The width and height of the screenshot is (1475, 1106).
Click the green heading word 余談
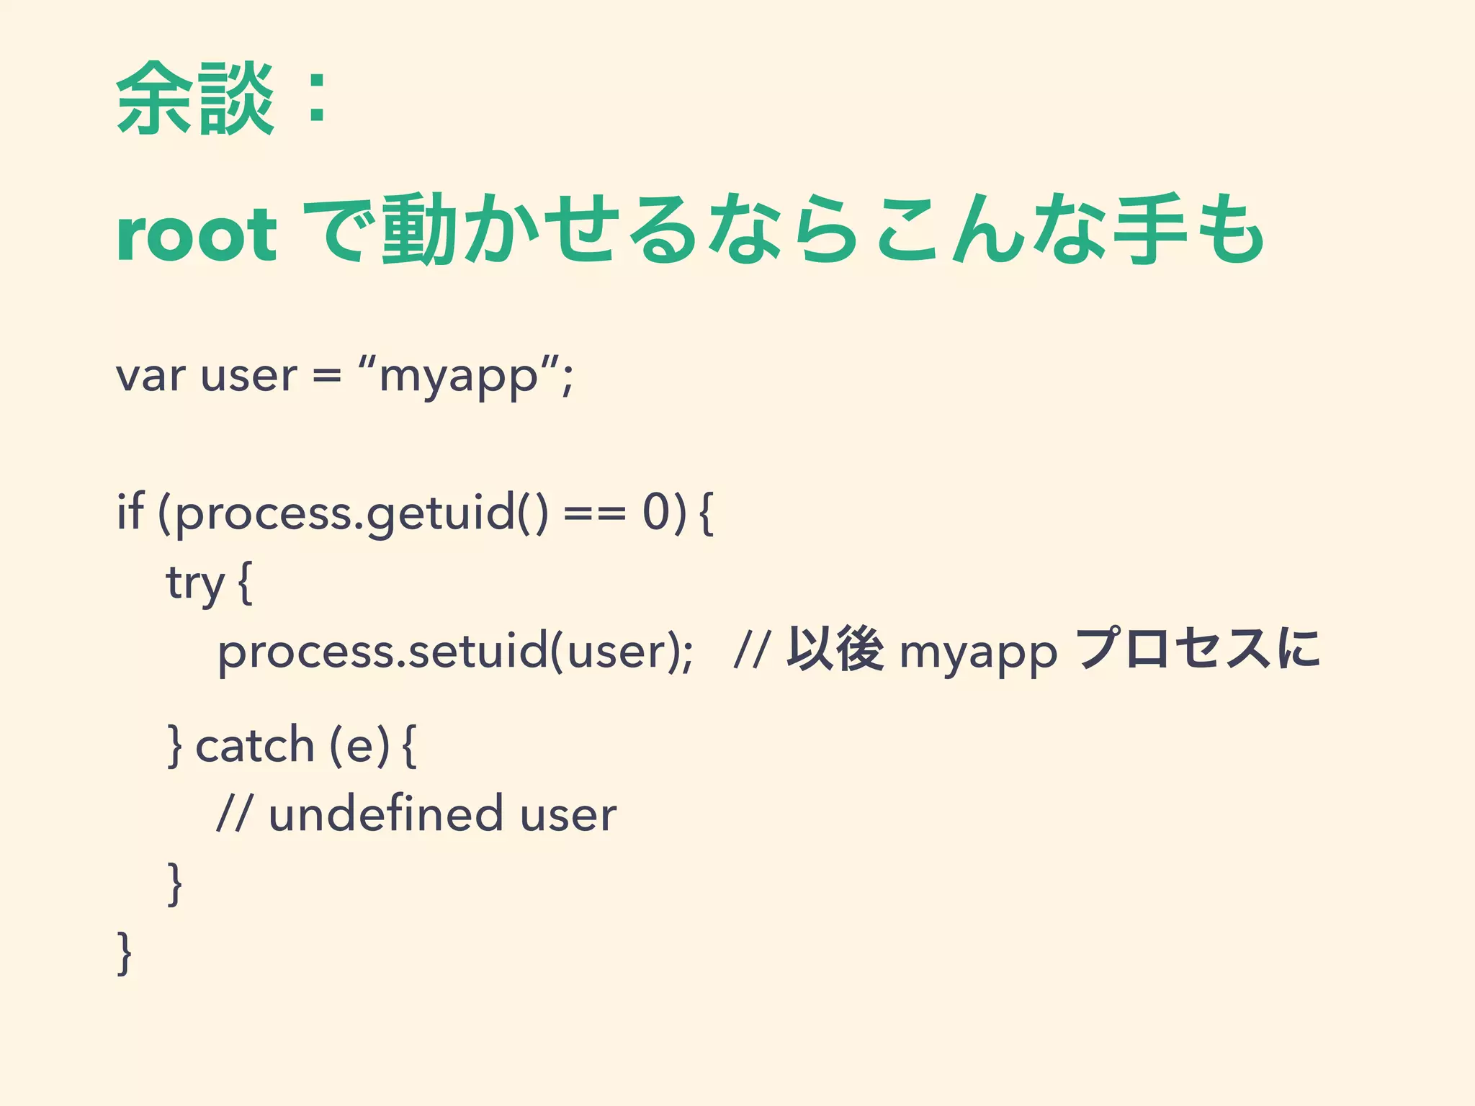[194, 99]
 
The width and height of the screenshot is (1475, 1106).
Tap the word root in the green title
[196, 235]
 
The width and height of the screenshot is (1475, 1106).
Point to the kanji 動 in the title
[418, 229]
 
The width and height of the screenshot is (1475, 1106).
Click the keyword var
[151, 376]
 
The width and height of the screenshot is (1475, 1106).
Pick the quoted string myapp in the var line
[458, 377]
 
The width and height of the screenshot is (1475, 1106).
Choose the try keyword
[195, 583]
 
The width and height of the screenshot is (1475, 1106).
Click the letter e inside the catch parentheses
[359, 746]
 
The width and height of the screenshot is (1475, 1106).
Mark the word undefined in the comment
[385, 814]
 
